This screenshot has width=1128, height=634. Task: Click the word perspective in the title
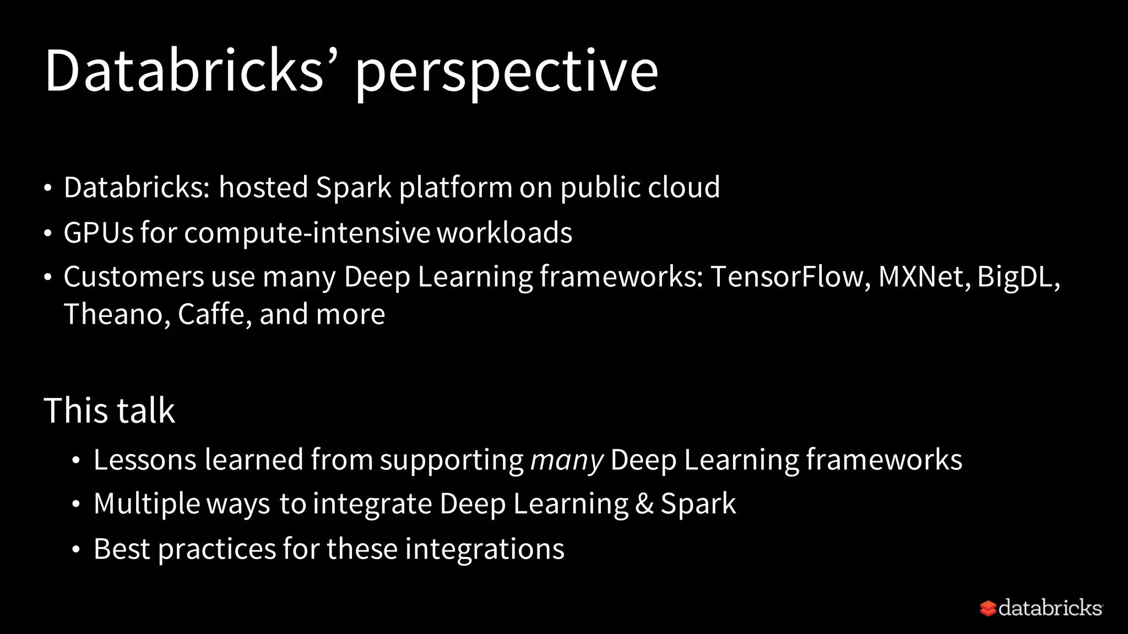coord(506,72)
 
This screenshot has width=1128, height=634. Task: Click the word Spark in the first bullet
coord(353,188)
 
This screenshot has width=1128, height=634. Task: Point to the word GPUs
coord(99,232)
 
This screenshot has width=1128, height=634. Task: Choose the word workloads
coord(505,232)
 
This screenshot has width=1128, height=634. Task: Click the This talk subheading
coord(109,411)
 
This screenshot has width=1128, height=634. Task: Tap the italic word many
coord(566,461)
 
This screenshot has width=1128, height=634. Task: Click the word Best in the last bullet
coord(122,549)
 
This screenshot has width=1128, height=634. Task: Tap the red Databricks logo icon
coord(988,608)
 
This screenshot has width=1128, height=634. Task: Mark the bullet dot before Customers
coord(48,277)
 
